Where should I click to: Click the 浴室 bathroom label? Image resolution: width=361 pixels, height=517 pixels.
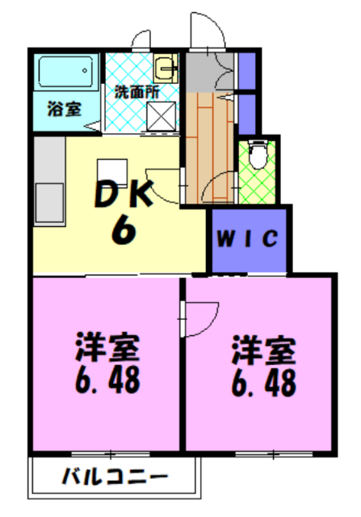pyautogui.click(x=64, y=108)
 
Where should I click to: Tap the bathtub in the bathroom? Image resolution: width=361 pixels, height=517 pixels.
pyautogui.click(x=67, y=75)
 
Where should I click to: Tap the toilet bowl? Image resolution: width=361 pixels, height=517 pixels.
pyautogui.click(x=258, y=156)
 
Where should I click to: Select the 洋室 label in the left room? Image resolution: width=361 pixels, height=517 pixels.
pyautogui.click(x=107, y=349)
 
